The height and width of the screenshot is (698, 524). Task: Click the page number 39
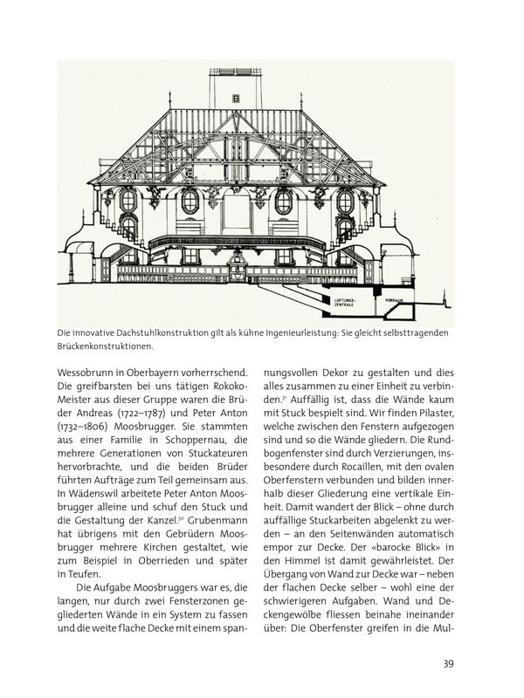[x=446, y=664]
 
